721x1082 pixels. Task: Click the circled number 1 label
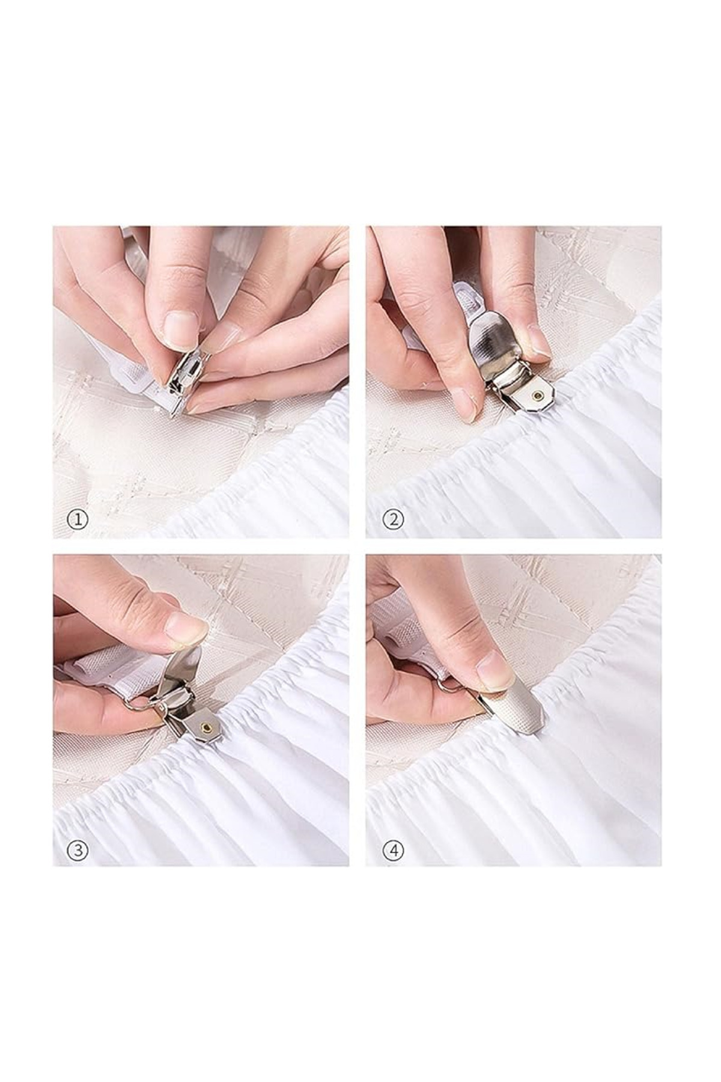click(x=78, y=519)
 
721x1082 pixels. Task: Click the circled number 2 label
click(x=394, y=519)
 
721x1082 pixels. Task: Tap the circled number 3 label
click(x=78, y=850)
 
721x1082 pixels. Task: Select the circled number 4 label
click(x=394, y=850)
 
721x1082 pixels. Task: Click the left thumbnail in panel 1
click(x=180, y=329)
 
